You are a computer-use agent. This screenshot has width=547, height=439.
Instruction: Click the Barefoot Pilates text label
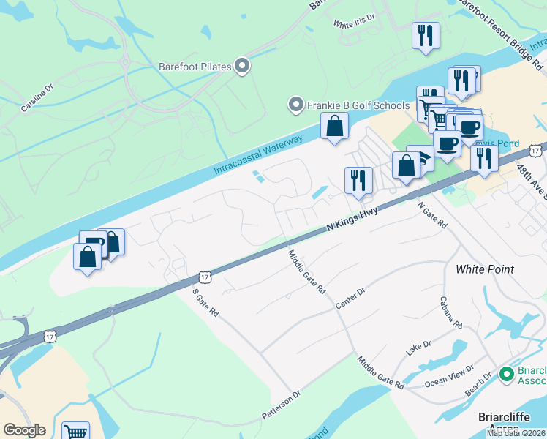tap(195, 67)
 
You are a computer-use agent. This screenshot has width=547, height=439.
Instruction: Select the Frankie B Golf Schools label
tap(358, 105)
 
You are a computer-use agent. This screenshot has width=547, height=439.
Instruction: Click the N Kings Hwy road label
tap(354, 219)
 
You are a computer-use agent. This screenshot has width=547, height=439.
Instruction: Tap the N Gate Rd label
tap(432, 217)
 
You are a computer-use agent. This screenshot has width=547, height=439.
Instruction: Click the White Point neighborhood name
tap(485, 269)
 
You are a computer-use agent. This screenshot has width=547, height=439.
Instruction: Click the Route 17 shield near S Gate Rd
tap(204, 277)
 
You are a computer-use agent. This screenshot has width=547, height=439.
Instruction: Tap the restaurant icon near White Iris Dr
tap(425, 35)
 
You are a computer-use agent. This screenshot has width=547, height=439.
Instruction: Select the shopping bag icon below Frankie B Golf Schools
tap(334, 126)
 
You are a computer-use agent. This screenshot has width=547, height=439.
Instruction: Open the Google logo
tap(24, 430)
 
